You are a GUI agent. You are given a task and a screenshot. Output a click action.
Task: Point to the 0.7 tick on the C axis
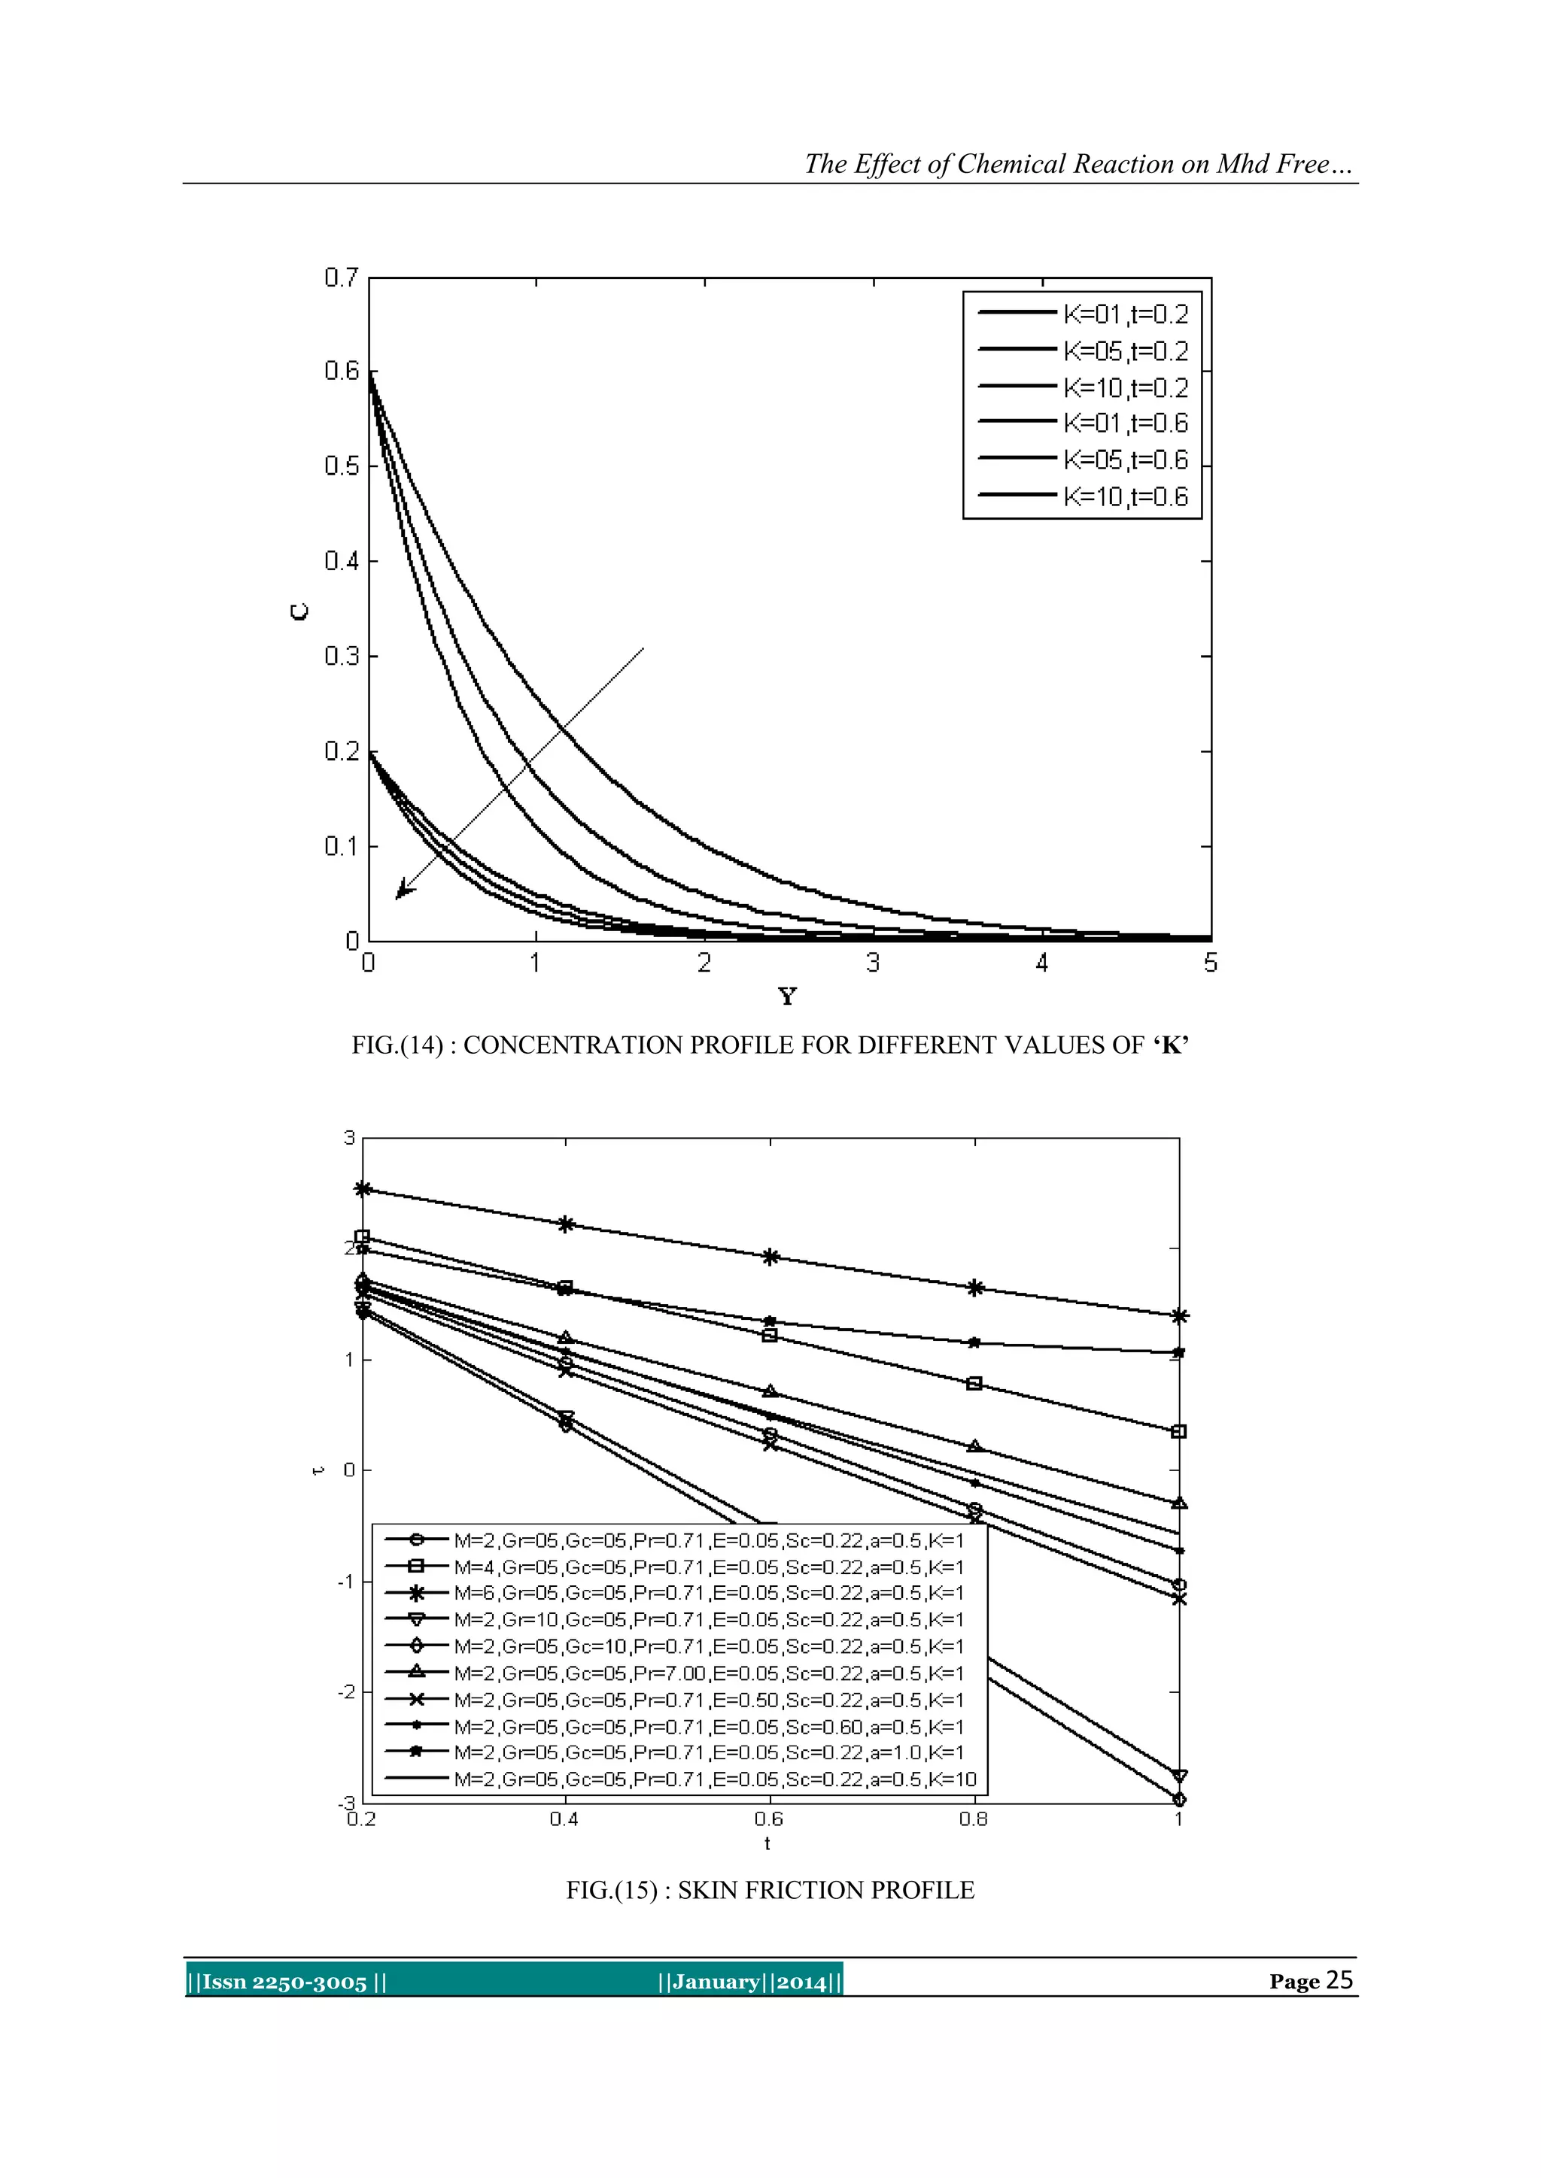(x=341, y=278)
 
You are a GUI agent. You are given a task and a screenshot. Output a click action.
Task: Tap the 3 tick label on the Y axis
(x=873, y=963)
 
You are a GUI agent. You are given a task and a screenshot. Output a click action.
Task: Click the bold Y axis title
(x=786, y=996)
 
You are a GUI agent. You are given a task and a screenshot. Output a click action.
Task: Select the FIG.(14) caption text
(x=770, y=1045)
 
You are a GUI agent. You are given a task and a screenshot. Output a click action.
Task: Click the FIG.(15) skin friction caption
(x=770, y=1891)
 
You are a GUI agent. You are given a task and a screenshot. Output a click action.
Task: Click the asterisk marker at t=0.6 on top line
(x=770, y=1257)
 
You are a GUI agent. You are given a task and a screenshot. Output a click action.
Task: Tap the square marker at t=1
(x=1178, y=1431)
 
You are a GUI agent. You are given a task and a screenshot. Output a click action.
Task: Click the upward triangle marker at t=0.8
(x=974, y=1447)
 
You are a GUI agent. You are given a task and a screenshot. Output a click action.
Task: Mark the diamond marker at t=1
(x=1178, y=1800)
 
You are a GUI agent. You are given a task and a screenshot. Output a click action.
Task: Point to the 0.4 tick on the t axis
(x=564, y=1819)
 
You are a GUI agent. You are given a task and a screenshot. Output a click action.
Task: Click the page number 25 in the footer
(x=1338, y=1979)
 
